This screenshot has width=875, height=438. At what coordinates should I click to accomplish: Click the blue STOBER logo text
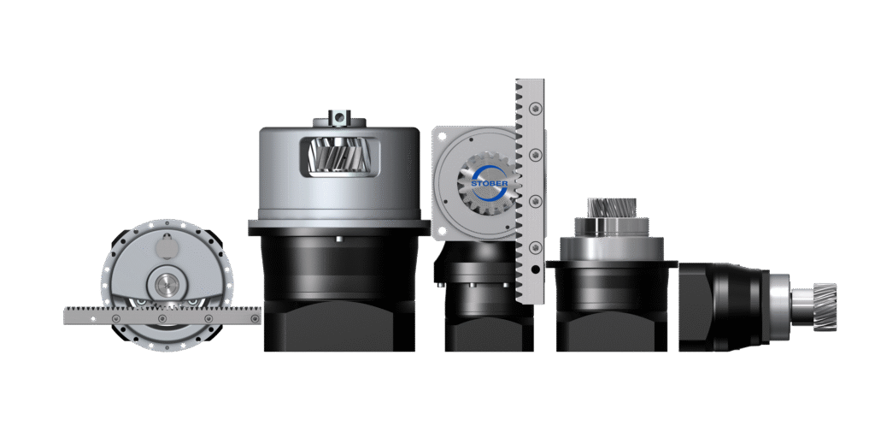490,183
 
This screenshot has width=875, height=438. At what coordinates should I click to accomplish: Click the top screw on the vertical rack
537,107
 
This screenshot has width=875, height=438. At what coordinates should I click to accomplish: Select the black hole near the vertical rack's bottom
536,269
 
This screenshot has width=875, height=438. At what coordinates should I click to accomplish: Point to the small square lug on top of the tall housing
338,116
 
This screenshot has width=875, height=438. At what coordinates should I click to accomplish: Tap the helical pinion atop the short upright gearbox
612,208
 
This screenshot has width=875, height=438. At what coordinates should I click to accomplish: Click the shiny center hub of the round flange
165,287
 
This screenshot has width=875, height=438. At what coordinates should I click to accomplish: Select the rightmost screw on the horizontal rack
255,319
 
